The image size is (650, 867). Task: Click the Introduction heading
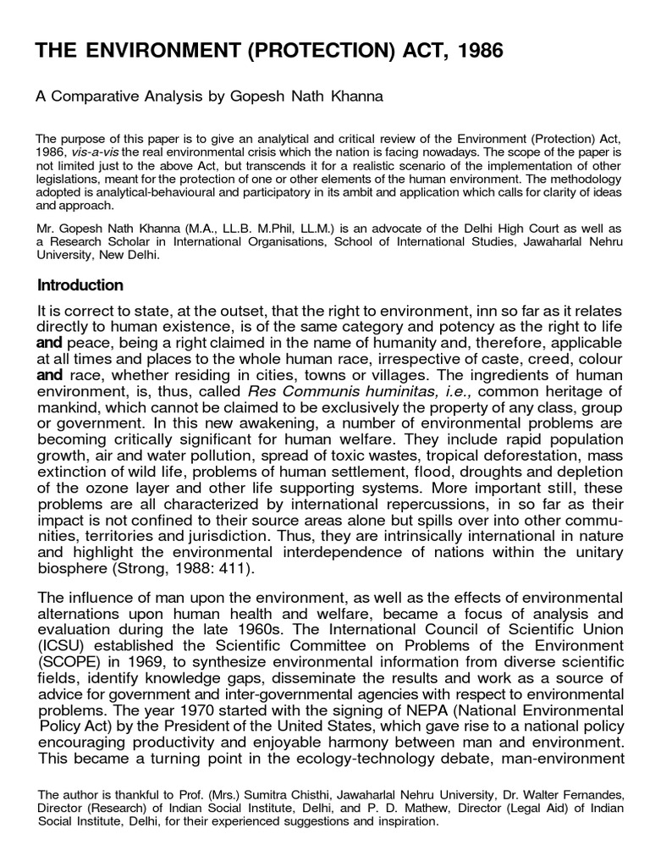click(80, 284)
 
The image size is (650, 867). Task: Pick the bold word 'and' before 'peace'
click(51, 345)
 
